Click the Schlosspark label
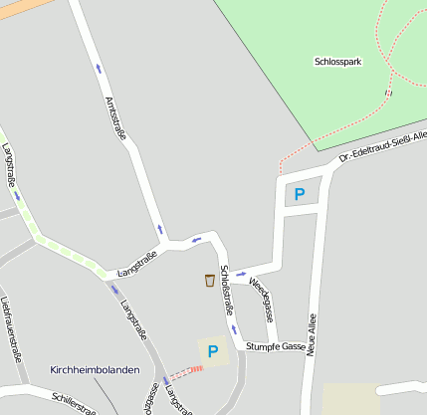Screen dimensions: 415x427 (x=337, y=62)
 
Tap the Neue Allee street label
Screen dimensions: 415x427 (x=312, y=333)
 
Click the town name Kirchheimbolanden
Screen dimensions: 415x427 (x=95, y=369)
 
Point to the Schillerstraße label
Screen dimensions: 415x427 (x=74, y=403)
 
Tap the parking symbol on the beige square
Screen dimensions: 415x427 (x=212, y=350)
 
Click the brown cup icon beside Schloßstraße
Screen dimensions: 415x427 (x=209, y=280)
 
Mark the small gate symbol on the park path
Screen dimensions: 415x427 (x=388, y=92)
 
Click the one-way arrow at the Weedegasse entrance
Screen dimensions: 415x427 (x=240, y=275)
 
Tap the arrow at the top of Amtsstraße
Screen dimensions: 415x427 (x=99, y=69)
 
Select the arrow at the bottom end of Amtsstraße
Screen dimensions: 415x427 (x=159, y=229)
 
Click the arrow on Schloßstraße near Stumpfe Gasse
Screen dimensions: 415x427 (x=235, y=329)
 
